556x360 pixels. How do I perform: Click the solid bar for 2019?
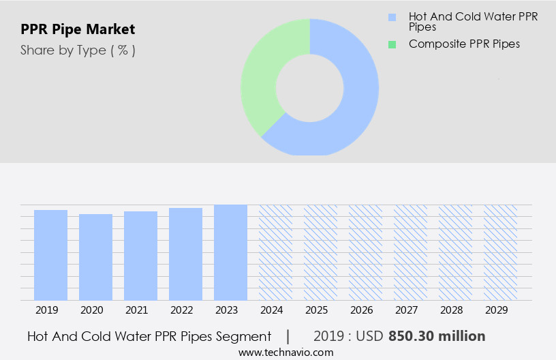click(50, 255)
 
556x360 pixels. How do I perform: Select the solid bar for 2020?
click(95, 257)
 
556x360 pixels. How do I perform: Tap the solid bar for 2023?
click(230, 252)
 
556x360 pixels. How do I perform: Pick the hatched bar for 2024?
click(275, 252)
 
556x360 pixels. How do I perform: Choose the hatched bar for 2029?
click(500, 252)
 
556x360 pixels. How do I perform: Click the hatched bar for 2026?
click(365, 252)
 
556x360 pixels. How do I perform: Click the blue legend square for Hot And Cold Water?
click(392, 17)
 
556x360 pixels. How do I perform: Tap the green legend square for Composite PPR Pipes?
click(392, 44)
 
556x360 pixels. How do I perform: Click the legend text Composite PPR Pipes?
click(464, 44)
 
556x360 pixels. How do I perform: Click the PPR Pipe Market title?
click(78, 29)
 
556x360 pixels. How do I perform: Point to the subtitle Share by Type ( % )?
click(78, 50)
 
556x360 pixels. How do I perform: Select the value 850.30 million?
click(437, 336)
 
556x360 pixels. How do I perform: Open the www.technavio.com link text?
click(286, 352)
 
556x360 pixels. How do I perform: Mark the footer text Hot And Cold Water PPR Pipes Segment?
click(149, 336)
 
